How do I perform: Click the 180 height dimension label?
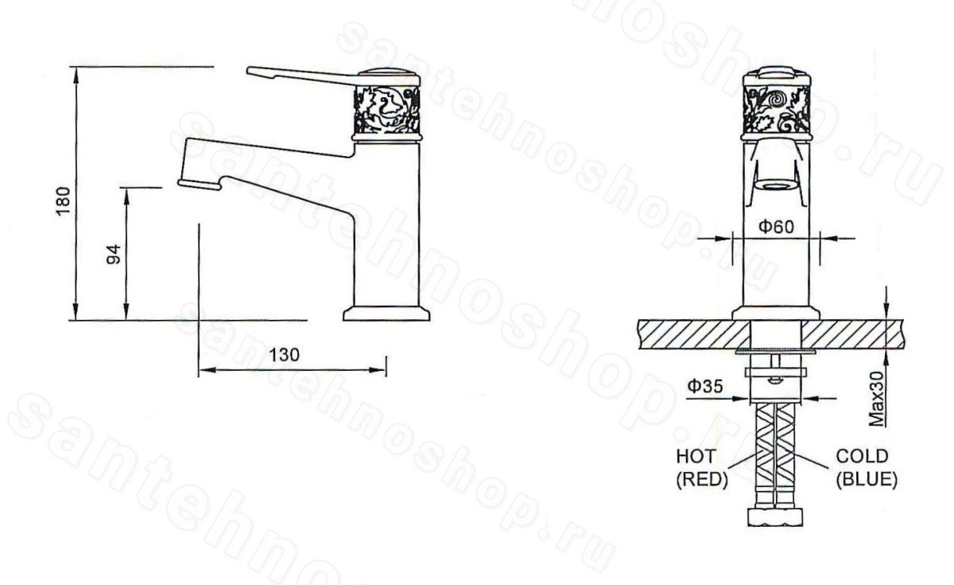(x=64, y=201)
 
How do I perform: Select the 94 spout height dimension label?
(x=114, y=254)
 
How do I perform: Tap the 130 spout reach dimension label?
(x=285, y=355)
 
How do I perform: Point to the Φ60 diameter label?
(x=777, y=227)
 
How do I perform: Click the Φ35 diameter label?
(x=705, y=386)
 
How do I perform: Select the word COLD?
(x=862, y=456)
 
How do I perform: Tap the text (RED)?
(x=702, y=480)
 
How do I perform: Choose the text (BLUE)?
(x=867, y=480)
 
